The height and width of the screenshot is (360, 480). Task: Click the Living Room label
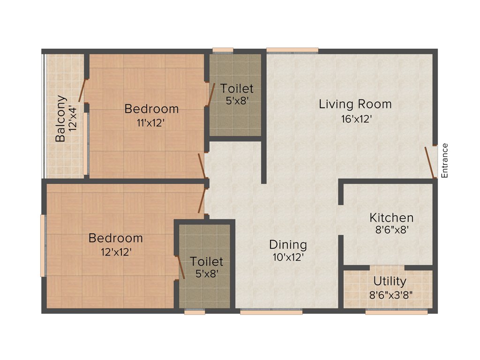click(x=355, y=104)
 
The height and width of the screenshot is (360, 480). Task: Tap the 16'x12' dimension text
click(x=357, y=119)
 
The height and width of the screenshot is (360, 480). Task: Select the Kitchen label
click(x=391, y=217)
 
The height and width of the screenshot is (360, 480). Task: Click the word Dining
click(x=288, y=245)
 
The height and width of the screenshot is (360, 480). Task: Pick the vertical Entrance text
click(x=445, y=160)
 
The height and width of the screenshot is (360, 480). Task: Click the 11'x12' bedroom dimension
click(x=151, y=123)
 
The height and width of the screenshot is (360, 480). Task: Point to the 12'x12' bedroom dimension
click(x=116, y=251)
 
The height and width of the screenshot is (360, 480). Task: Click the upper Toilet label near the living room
click(x=237, y=88)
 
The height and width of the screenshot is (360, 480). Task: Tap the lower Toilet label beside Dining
click(x=206, y=262)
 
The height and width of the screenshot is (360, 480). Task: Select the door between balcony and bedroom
click(x=83, y=90)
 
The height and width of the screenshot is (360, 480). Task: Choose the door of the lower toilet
click(x=180, y=267)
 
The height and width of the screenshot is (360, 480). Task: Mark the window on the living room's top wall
click(x=292, y=50)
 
